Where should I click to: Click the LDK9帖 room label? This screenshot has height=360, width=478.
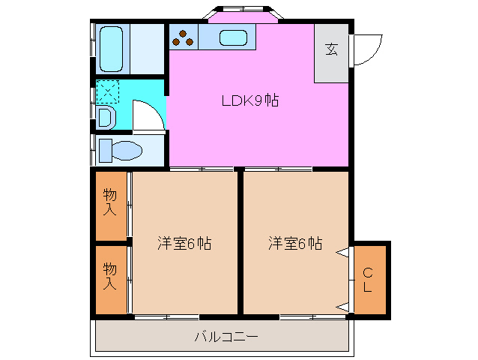[x=249, y=100]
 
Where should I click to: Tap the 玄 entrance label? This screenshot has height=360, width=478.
[x=331, y=50]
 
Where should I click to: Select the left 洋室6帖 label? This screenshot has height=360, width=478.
[x=184, y=244]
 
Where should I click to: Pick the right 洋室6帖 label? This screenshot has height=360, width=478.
[x=296, y=244]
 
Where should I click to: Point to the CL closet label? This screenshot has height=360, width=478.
[x=369, y=280]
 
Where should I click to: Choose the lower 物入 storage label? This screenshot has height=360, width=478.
[x=110, y=276]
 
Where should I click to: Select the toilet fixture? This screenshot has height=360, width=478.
[x=121, y=151]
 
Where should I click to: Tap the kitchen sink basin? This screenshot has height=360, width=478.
[x=234, y=37]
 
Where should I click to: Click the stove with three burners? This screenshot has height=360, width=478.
[x=184, y=37]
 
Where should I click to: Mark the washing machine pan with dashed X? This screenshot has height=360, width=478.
[x=106, y=92]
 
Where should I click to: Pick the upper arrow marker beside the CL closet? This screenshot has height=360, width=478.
[x=342, y=253]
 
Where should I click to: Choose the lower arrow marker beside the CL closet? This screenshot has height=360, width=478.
[x=342, y=306]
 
